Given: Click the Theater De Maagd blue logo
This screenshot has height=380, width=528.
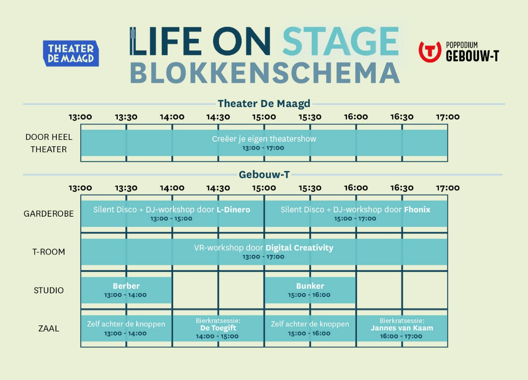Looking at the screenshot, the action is pos(71,53).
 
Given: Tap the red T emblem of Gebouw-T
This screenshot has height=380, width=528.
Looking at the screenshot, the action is pos(430,52).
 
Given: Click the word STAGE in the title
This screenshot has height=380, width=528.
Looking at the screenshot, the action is pos(341,41).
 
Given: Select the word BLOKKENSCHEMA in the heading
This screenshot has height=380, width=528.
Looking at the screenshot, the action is pos(265,73).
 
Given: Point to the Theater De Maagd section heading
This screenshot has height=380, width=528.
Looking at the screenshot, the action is pos(264,104).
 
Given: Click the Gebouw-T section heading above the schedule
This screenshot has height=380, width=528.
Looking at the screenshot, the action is pos(264,174).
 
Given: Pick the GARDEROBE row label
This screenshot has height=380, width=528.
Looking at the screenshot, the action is pos(49,214).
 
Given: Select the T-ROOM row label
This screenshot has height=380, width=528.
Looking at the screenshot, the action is pos(49,252).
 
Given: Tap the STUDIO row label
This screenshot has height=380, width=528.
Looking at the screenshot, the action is pos(49,290).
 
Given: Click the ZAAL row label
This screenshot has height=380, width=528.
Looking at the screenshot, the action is pos(49,328).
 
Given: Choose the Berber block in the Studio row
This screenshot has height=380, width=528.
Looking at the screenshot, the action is pos(126,290).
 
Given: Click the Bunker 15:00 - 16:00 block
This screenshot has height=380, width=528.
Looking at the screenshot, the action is pos(310,290).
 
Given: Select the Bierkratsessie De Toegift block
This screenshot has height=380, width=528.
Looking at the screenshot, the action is pos(218,328).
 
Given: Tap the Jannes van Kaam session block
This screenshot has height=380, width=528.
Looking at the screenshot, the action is pos(402,328).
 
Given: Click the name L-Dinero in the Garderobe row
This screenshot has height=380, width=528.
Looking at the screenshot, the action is pos(233,209).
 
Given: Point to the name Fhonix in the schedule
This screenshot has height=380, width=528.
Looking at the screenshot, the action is pos(417,209).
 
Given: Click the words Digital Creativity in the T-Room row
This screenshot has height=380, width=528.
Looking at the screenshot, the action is pos(299,248).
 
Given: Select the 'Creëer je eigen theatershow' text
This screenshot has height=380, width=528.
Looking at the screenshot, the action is pos(264,139).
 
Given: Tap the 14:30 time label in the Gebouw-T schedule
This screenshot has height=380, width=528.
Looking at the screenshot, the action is pos(218,188).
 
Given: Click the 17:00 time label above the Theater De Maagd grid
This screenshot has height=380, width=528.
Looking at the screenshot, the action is pos(448,117).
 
